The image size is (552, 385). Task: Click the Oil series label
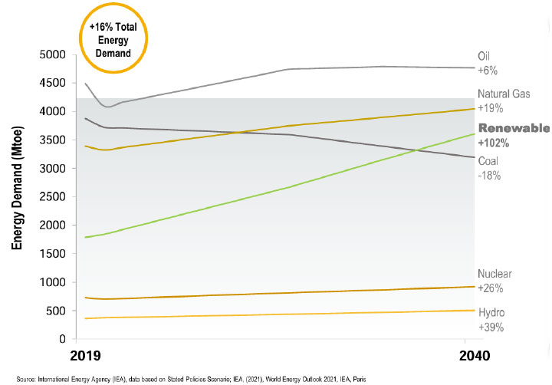coord(484,56)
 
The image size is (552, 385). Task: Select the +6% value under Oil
coord(488,71)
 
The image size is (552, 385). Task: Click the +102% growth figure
coord(494,143)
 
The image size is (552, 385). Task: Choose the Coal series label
coord(488,161)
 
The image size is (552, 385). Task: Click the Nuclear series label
coord(495,274)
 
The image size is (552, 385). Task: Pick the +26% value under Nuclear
coord(491,288)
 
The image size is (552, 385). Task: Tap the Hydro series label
coord(491,313)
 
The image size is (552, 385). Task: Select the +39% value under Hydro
coord(491,327)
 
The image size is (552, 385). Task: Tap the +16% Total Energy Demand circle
coord(113,39)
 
